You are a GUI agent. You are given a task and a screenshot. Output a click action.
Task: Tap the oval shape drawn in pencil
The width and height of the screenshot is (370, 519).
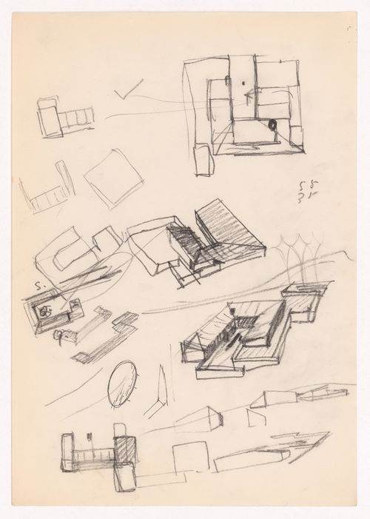123,383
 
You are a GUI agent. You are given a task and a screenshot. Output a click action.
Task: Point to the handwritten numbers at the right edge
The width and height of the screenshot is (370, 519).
300,192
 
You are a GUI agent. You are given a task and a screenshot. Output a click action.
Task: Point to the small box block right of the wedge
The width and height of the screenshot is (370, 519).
198,420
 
